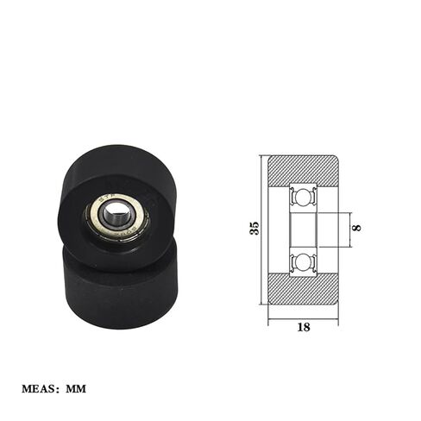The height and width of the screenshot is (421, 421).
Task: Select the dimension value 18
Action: click(x=304, y=327)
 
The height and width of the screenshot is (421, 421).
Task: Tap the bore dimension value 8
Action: click(x=357, y=228)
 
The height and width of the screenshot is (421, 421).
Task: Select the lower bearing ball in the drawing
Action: click(x=304, y=262)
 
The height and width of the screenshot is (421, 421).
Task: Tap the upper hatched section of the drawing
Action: click(x=303, y=169)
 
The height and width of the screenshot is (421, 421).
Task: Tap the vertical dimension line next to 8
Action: click(x=349, y=228)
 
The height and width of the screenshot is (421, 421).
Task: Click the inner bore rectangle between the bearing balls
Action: click(x=304, y=229)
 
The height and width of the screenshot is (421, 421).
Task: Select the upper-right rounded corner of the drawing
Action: click(x=336, y=159)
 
